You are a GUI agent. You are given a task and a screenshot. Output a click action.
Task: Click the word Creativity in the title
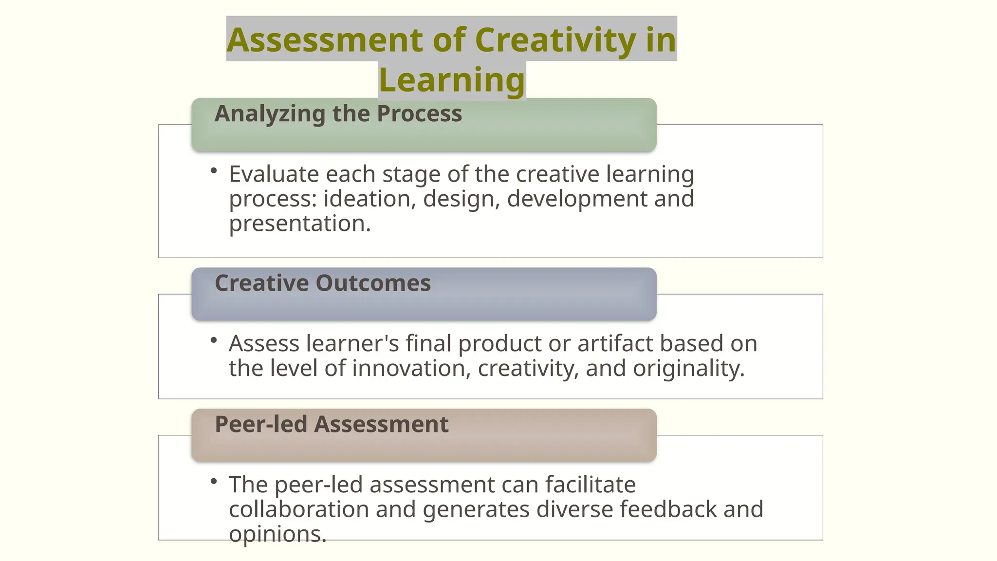(x=555, y=40)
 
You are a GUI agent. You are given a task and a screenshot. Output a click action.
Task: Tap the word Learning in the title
(x=452, y=80)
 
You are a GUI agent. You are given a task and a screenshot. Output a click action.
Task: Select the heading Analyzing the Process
(x=338, y=113)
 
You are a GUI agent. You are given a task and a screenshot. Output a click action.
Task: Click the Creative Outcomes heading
(x=323, y=283)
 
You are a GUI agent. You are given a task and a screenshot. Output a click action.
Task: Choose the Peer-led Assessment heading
(x=332, y=424)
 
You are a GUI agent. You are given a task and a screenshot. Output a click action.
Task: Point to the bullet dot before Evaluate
(x=213, y=170)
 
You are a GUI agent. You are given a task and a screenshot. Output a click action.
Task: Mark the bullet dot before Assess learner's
(x=213, y=340)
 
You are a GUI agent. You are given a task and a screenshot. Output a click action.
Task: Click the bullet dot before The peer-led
(x=213, y=481)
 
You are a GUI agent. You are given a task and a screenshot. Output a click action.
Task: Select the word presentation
(x=299, y=224)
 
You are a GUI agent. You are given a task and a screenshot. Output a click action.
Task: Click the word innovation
(x=411, y=368)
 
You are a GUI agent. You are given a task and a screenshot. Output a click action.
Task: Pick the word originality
(x=688, y=368)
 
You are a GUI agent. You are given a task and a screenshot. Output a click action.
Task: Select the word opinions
(x=277, y=534)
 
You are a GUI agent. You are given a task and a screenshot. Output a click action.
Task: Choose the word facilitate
(x=590, y=485)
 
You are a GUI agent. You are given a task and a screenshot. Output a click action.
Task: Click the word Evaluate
(x=274, y=174)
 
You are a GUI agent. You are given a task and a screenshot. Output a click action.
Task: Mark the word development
(x=577, y=199)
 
